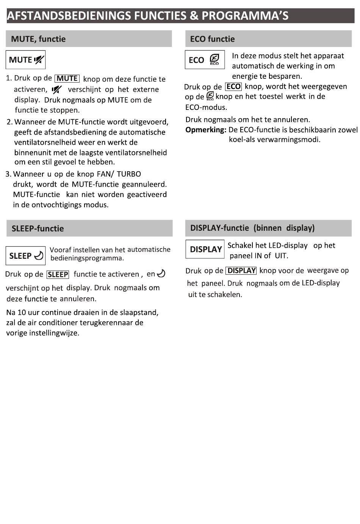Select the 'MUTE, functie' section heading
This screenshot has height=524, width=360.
38,39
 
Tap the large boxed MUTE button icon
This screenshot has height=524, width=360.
26,60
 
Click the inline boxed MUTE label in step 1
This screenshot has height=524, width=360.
67,78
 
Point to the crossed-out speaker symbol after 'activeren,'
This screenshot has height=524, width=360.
57,90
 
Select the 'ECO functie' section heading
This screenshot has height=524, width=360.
212,39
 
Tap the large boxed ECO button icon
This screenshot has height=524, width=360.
205,60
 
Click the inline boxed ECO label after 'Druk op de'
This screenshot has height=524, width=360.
233,87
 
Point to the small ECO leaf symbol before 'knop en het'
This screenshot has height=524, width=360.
210,96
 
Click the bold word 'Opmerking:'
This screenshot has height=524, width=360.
206,130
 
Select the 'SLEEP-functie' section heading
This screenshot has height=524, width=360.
38,228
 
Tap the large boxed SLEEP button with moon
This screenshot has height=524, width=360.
26,256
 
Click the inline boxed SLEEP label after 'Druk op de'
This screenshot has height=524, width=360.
58,274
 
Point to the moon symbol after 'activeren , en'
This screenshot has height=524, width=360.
161,274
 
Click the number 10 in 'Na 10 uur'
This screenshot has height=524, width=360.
22,313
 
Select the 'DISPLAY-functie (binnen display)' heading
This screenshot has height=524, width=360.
252,228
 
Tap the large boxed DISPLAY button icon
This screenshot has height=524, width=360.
205,249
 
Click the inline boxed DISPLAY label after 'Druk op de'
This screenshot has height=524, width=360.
241,271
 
